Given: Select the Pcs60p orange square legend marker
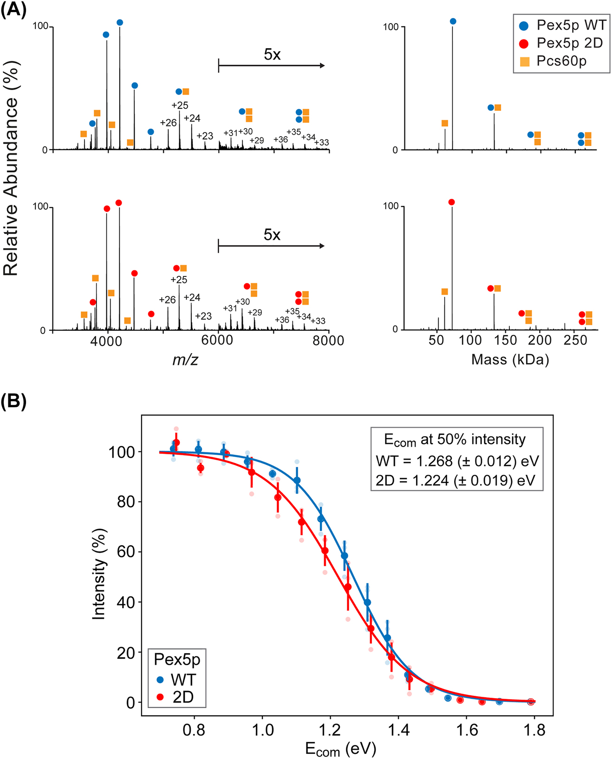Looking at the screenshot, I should pyautogui.click(x=525, y=61).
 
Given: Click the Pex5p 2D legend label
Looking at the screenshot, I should pyautogui.click(x=570, y=43).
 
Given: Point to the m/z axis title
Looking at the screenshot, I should pyautogui.click(x=185, y=360).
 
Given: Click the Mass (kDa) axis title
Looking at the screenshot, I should pyautogui.click(x=510, y=360).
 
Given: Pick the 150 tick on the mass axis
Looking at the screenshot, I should pyautogui.click(x=505, y=340).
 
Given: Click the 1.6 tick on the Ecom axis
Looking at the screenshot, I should pyautogui.click(x=467, y=730).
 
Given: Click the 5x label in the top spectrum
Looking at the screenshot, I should pyautogui.click(x=272, y=55).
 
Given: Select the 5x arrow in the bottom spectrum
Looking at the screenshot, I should pyautogui.click(x=271, y=246).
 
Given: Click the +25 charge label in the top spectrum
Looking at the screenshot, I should pyautogui.click(x=180, y=105).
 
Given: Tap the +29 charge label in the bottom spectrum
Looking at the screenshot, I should pyautogui.click(x=255, y=313).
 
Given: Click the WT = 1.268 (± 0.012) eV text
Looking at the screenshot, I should pyautogui.click(x=457, y=461).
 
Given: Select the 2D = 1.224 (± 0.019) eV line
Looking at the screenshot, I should pyautogui.click(x=457, y=480).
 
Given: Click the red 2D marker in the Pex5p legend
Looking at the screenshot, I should pyautogui.click(x=161, y=697).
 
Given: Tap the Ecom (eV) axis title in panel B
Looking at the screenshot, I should pyautogui.click(x=340, y=749).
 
